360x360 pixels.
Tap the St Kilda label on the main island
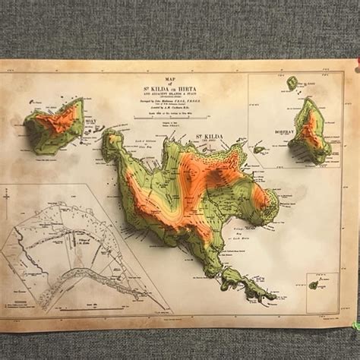[207, 137]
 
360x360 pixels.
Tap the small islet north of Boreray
[292, 82]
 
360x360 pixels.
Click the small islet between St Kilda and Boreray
[260, 149]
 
